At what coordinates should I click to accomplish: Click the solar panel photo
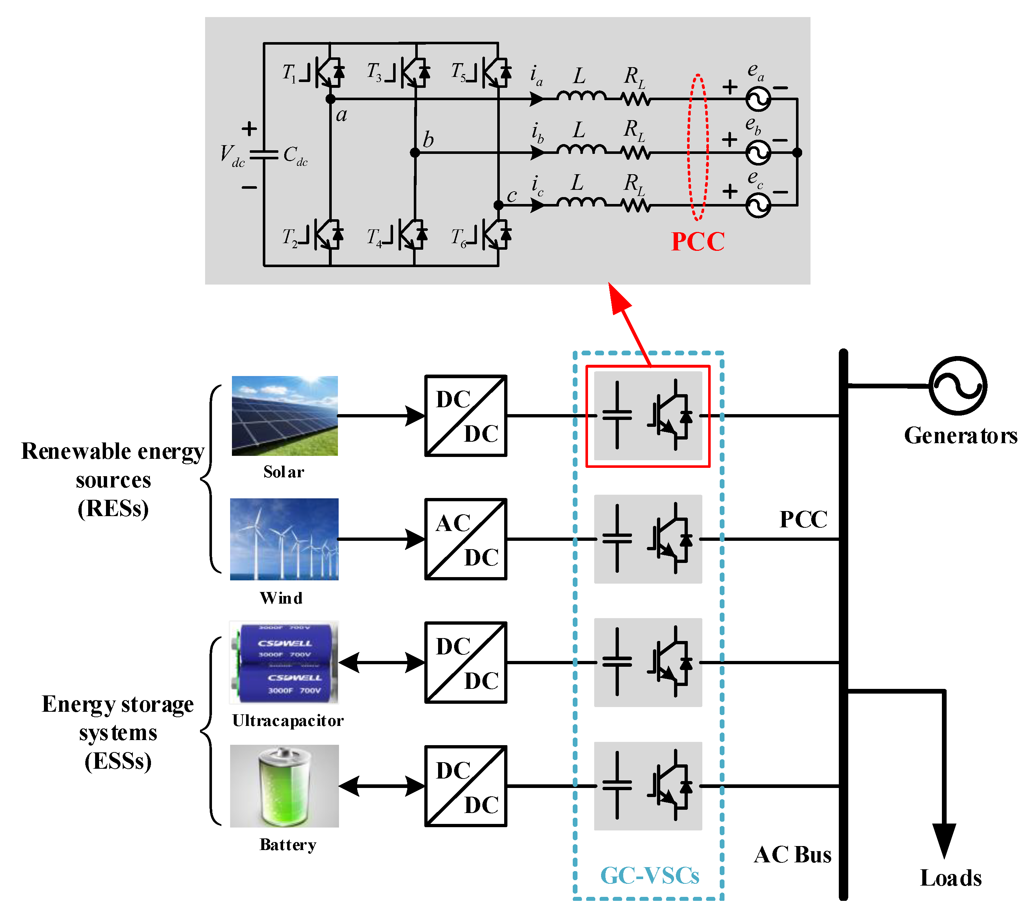tap(285, 416)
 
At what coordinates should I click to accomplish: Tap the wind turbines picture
tap(284, 539)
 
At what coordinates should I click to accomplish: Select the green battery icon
tap(285, 787)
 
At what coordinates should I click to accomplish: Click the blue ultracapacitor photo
tap(284, 662)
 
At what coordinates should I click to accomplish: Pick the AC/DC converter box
tap(465, 539)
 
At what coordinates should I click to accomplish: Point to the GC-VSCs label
tap(649, 875)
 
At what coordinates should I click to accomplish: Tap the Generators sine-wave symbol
tap(958, 386)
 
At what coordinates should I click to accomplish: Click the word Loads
tap(951, 878)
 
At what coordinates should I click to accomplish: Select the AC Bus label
tap(792, 855)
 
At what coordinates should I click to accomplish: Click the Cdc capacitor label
tap(295, 155)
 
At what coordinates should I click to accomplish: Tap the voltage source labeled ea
tap(758, 99)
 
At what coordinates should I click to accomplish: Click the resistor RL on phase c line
tap(636, 205)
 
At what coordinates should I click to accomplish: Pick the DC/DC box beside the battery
tap(465, 786)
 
